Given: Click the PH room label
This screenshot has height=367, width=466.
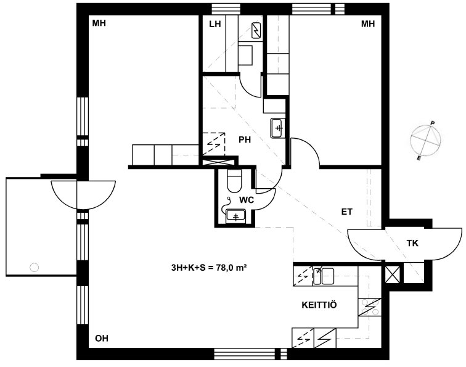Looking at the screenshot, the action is click(x=245, y=140).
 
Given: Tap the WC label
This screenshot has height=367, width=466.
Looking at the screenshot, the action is click(x=247, y=200).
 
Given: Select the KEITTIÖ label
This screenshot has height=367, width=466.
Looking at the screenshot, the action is click(x=319, y=305).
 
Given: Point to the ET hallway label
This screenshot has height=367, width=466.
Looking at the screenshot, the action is click(x=347, y=212).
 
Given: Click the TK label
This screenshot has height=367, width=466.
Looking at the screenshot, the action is click(x=412, y=243).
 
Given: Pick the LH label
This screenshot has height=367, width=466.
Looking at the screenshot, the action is click(x=215, y=24).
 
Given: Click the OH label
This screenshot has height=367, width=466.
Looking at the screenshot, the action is click(x=102, y=339).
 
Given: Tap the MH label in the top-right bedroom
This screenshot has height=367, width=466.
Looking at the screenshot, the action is click(x=368, y=24).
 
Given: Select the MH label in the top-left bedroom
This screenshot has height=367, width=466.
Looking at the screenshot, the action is click(x=99, y=23).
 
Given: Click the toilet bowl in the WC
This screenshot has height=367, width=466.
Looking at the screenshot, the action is click(x=234, y=181).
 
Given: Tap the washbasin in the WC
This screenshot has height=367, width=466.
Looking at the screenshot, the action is click(x=235, y=216).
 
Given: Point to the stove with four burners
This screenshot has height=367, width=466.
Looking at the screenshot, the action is click(x=369, y=307).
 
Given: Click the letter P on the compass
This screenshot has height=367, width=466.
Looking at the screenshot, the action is click(x=433, y=123).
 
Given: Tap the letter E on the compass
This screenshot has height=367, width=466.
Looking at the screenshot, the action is click(x=419, y=159).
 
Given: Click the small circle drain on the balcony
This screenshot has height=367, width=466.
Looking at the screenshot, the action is click(x=35, y=268).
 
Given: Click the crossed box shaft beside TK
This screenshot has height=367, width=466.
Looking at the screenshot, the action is click(x=392, y=274).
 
